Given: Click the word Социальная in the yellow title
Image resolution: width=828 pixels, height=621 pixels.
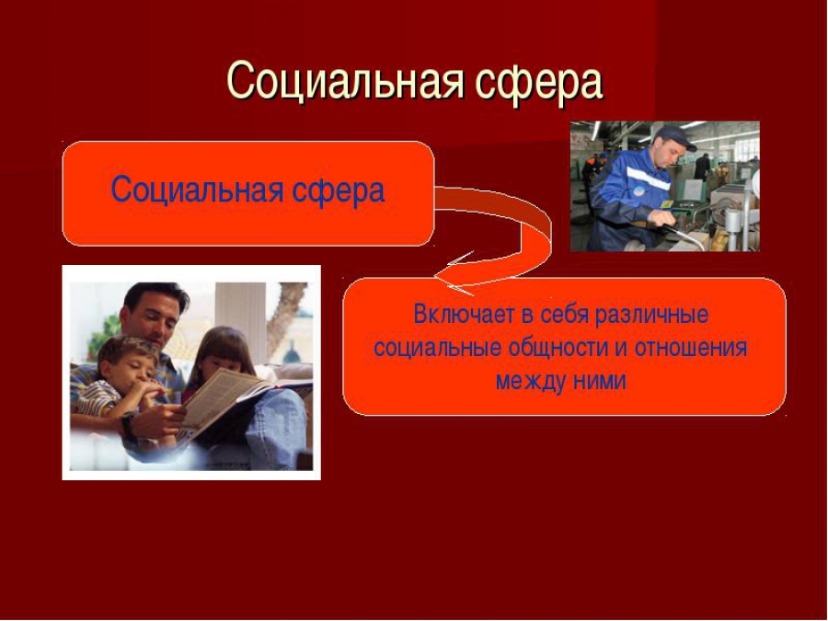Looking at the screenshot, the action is tap(345, 81).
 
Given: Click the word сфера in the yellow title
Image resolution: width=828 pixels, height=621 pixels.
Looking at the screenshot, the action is tap(538, 83).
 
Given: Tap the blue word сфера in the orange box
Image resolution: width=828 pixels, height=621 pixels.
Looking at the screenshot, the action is tap(338, 190).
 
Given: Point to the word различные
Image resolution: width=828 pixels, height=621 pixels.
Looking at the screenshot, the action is tap(651, 316).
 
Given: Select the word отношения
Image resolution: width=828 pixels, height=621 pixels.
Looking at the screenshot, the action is tap(691, 349).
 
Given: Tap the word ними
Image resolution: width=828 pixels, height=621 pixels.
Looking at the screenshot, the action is tap(600, 381).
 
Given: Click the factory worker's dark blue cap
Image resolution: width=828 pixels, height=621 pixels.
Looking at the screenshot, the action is tap(671, 136).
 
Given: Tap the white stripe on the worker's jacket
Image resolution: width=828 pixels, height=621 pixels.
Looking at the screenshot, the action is tap(648, 177).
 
